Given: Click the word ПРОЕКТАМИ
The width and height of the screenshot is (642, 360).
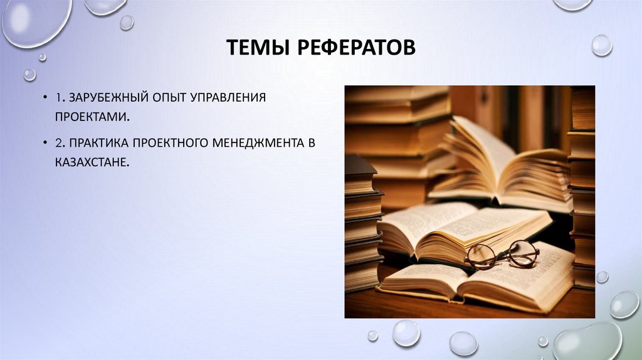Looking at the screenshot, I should click(92, 117).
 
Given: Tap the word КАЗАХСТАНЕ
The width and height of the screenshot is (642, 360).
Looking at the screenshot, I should click(92, 162).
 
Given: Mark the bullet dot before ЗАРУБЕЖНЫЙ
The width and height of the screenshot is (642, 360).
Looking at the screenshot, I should click(46, 99).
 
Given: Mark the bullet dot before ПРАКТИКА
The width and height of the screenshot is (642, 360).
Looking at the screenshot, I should click(46, 144).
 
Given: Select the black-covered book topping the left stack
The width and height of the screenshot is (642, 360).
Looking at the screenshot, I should click(360, 165).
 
